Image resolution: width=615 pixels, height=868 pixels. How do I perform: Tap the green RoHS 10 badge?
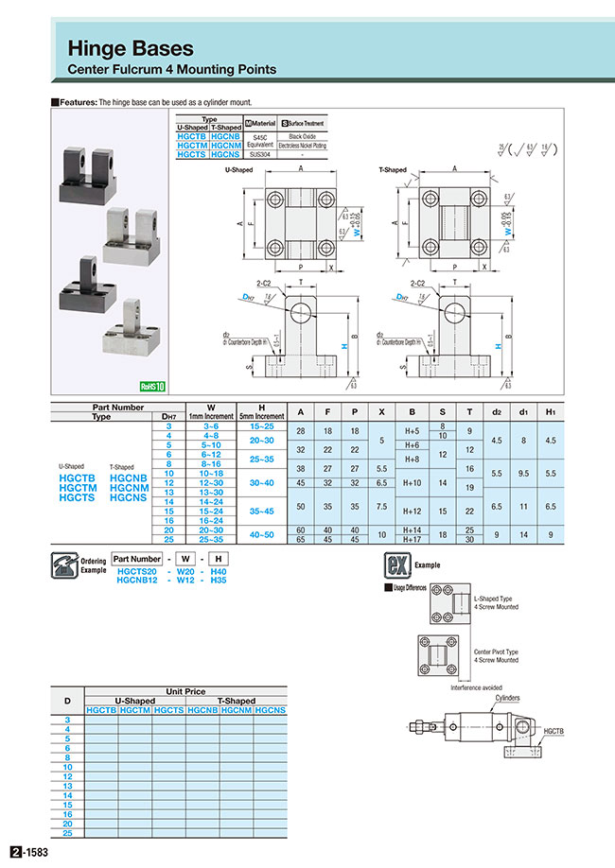152,386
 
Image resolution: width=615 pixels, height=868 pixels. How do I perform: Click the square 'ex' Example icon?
395,564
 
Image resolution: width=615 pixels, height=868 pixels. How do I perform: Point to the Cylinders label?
508,697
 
